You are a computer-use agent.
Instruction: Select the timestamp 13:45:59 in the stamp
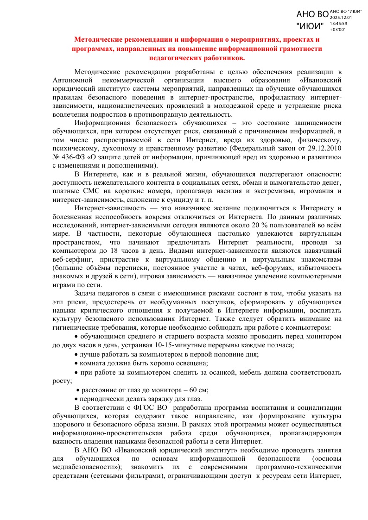click(338, 23)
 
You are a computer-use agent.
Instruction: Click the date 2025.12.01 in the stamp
click(341, 17)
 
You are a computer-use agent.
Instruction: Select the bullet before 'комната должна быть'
click(76, 363)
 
